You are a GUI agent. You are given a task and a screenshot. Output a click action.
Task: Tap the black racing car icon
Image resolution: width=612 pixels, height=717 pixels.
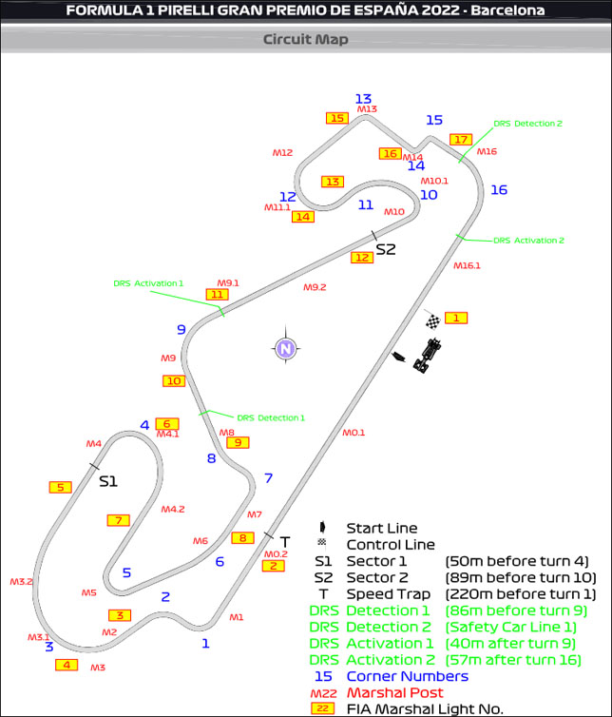click(x=429, y=356)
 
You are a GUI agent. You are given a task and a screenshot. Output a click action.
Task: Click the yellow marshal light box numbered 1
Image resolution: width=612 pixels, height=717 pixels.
click(x=456, y=318)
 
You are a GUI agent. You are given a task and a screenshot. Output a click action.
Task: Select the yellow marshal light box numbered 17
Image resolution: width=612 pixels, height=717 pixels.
click(x=461, y=140)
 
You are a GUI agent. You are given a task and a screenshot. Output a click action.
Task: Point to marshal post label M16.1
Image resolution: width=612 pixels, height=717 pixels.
click(x=467, y=266)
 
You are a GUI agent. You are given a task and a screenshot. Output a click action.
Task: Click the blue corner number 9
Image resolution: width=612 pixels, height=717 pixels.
click(x=181, y=330)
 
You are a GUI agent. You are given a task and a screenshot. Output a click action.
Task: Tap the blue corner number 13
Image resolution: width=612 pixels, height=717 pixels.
click(x=363, y=99)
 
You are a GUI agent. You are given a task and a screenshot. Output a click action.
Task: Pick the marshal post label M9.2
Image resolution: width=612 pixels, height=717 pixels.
click(x=315, y=287)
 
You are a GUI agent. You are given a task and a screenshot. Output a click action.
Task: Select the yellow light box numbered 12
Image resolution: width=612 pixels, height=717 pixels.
click(x=361, y=257)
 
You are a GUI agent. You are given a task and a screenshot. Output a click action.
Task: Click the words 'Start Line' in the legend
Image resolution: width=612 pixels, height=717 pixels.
click(x=381, y=528)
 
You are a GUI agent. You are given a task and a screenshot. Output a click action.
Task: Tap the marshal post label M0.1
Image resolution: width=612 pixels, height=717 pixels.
click(x=354, y=433)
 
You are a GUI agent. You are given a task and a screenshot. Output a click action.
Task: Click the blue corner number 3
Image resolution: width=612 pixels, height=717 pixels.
click(x=48, y=647)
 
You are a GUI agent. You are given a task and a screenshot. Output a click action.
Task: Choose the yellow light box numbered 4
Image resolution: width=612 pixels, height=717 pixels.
click(x=67, y=665)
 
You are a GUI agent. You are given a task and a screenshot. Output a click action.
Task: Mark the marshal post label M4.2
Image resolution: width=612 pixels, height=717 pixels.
click(x=172, y=509)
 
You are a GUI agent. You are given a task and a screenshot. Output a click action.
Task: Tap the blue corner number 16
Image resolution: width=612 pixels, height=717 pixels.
click(x=499, y=190)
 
